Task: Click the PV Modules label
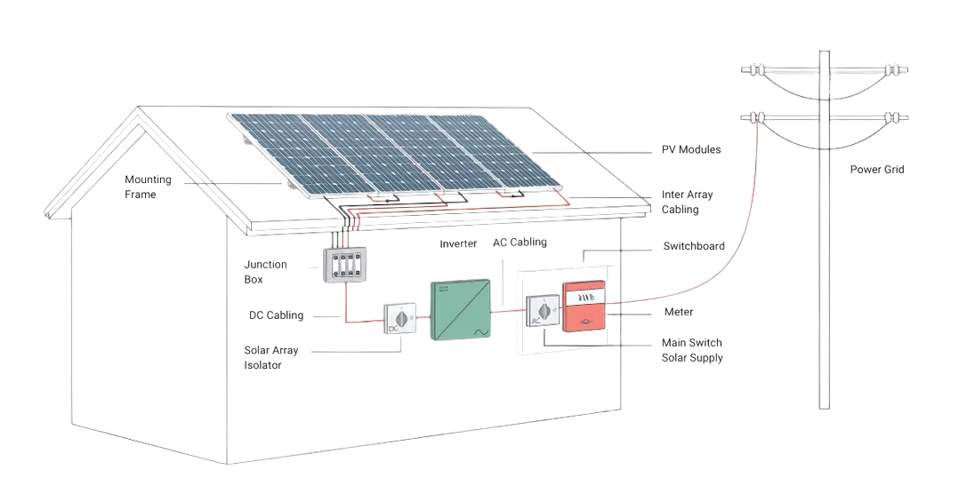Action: coord(690,149)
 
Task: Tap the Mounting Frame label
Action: coord(148,187)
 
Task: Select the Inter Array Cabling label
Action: coord(687,202)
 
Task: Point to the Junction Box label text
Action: coord(265,272)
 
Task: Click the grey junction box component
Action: coord(344,265)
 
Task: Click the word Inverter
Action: coord(458,243)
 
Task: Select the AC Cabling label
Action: coord(520,242)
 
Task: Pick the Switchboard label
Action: coord(693,246)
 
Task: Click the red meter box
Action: coord(584,306)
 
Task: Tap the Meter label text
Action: coord(679,313)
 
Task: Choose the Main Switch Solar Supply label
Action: coord(692,350)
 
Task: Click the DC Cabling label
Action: coord(276,315)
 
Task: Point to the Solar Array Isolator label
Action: coord(270,357)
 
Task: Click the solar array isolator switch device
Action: coord(399,319)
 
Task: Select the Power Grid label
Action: coord(876,170)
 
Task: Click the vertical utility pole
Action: coord(825,267)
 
